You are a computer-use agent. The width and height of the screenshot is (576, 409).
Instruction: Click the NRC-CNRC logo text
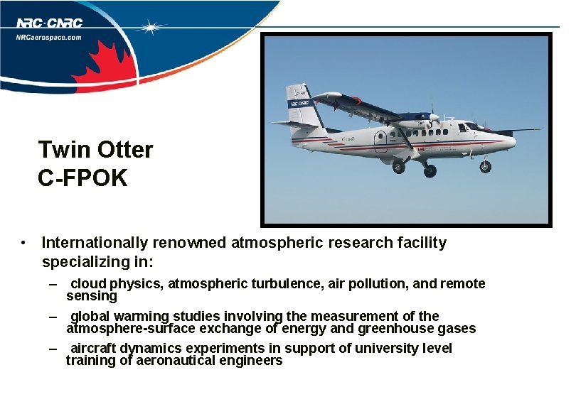tap(48, 23)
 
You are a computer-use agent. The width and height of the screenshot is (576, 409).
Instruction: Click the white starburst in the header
tap(151, 28)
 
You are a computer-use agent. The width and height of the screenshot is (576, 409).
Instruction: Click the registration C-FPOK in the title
tap(82, 178)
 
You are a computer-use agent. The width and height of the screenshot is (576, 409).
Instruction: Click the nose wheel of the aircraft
tap(485, 167)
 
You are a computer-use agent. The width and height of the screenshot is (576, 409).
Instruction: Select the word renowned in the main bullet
tap(192, 243)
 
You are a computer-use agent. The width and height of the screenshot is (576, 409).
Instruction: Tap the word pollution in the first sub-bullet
tap(380, 284)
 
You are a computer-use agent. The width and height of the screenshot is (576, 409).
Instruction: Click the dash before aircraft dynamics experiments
tap(54, 349)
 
